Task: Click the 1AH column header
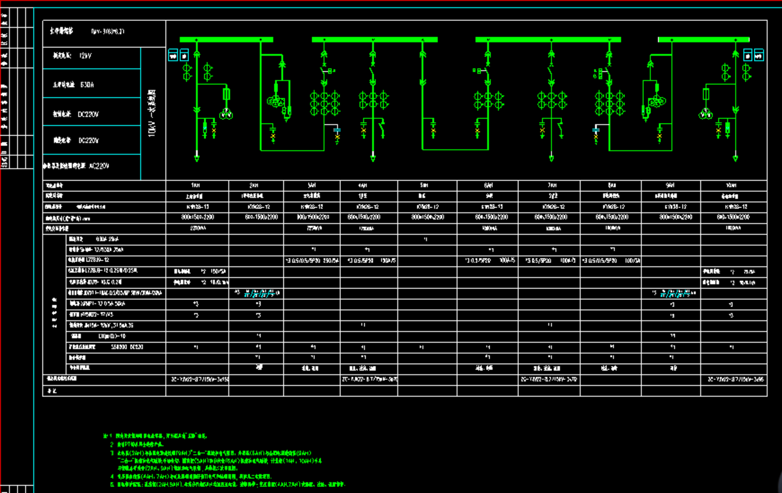pos(197,185)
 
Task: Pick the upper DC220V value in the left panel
pos(89,114)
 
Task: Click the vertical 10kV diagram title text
pos(152,115)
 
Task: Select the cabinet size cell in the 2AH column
pos(256,217)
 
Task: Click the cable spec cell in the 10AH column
pos(733,379)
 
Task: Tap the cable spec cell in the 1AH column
pos(197,379)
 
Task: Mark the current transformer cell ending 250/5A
pos(312,261)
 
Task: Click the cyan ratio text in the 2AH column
pos(260,294)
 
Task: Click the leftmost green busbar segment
pos(226,40)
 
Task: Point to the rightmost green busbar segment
pos(704,40)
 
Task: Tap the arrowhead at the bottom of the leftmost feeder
pos(197,158)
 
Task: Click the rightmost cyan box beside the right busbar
pos(759,56)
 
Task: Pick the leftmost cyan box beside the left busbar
pos(173,56)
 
